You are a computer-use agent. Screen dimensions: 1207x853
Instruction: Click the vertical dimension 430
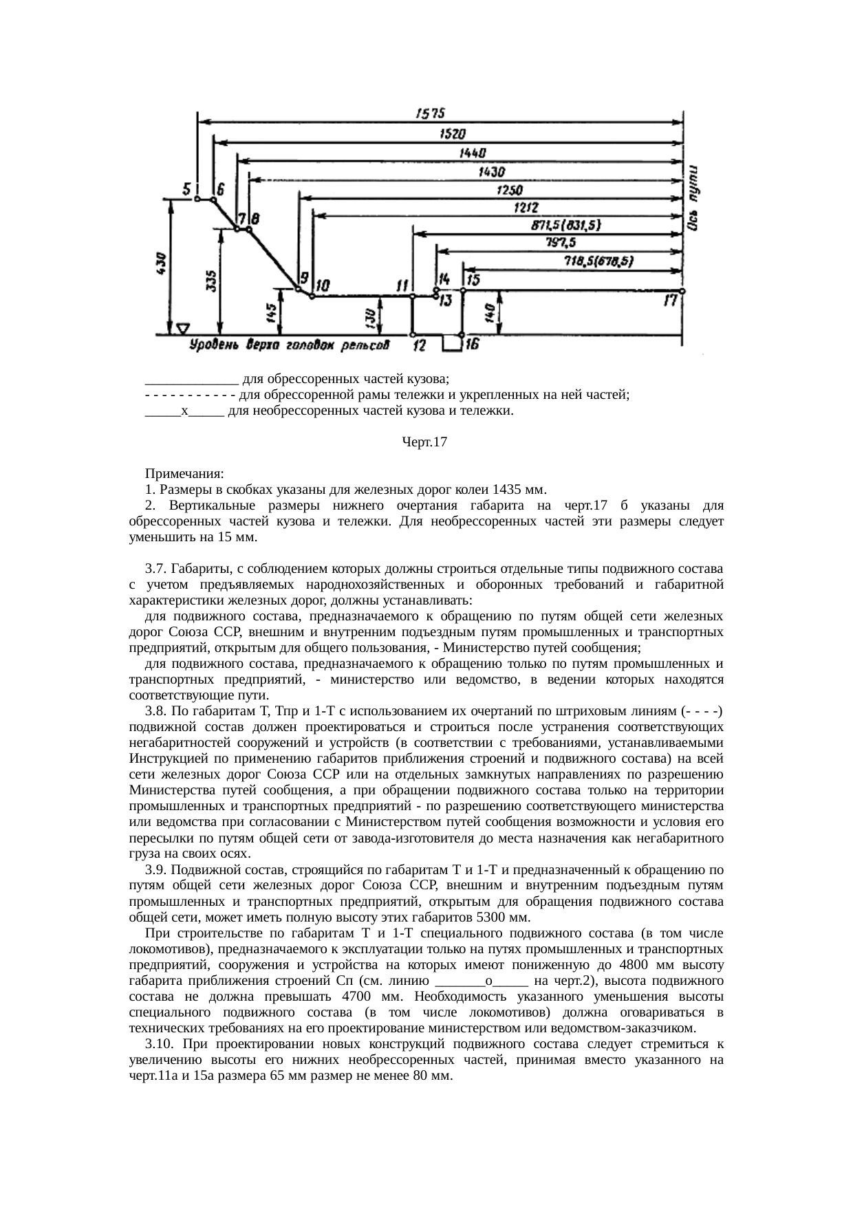click(x=161, y=264)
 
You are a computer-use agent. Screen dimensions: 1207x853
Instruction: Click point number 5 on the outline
click(x=187, y=188)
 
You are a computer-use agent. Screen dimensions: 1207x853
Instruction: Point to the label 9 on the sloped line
click(x=301, y=278)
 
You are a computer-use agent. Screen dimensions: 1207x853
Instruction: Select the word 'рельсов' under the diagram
click(x=369, y=345)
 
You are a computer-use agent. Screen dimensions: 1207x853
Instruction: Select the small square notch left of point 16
click(x=451, y=343)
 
